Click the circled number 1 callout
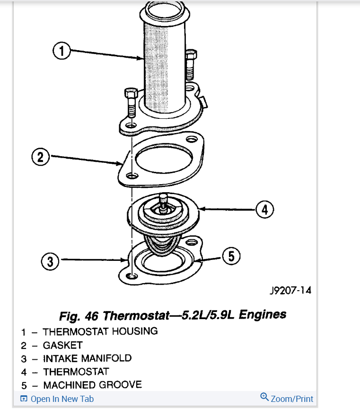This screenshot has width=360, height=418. (x=61, y=51)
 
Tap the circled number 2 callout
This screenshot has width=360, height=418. (x=41, y=157)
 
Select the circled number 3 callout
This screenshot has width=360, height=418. (x=50, y=261)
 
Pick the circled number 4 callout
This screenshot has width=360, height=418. (x=265, y=209)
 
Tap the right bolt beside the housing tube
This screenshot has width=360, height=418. (x=190, y=64)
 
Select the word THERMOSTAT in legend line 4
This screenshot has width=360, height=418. (x=76, y=372)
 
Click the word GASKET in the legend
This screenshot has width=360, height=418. (x=63, y=345)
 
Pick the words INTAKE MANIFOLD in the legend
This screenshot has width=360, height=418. (x=87, y=358)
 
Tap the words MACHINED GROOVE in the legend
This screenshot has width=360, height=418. (x=92, y=384)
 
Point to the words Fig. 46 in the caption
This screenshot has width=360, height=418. (x=79, y=315)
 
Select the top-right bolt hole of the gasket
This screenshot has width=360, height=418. (x=191, y=140)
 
